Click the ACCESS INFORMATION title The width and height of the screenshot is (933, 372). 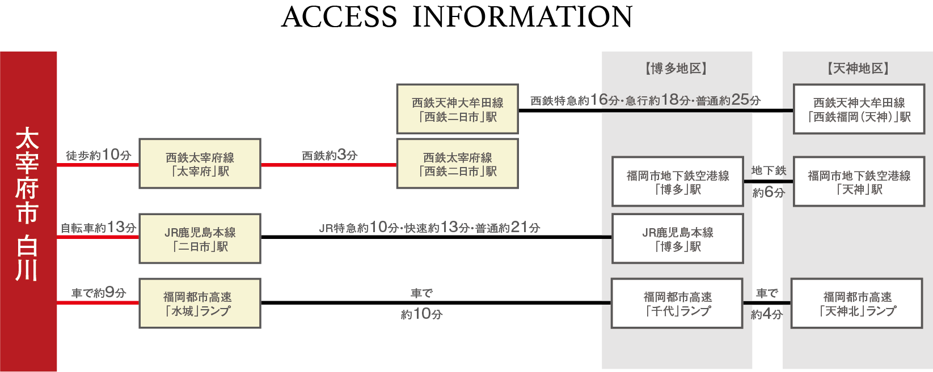pos(457,17)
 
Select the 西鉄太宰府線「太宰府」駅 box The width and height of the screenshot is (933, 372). pos(200,164)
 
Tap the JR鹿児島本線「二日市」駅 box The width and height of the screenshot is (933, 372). pos(200,238)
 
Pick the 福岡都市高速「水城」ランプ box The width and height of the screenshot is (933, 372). pos(200,303)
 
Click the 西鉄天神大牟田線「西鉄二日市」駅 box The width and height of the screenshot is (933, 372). pos(457,109)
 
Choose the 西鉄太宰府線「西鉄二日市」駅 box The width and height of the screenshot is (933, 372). pos(457,164)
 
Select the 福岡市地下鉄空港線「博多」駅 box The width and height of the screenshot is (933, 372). pos(677,182)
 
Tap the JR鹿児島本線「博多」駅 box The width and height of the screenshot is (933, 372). pos(677,238)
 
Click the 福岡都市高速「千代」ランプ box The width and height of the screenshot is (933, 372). pos(677,303)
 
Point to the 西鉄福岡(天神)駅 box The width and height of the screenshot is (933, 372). pos(859,109)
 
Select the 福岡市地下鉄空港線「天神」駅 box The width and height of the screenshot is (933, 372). pos(859,182)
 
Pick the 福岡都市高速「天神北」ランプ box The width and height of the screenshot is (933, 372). pos(856,303)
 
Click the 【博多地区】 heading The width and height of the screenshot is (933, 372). pos(676,69)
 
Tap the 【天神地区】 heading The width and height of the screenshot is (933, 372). pos(858,69)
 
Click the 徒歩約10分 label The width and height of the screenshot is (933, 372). pos(98,155)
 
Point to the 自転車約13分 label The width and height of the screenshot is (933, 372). pos(98,228)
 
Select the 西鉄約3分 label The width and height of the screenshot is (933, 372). pos(329,155)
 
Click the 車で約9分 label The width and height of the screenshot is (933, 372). pos(98,293)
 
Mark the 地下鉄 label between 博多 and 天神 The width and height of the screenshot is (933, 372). pos(769,170)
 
